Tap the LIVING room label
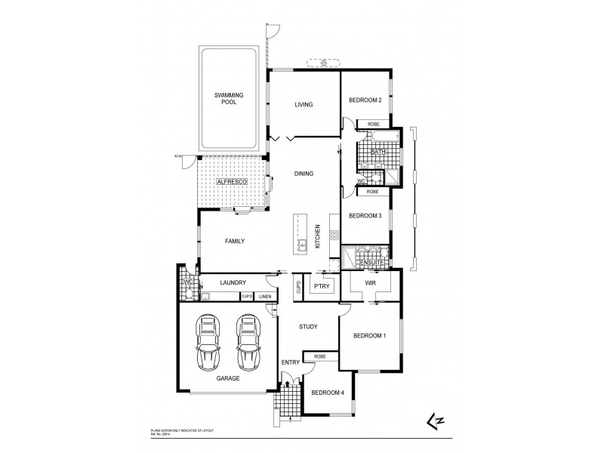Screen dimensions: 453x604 click(304, 105)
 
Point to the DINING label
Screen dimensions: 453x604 click(304, 174)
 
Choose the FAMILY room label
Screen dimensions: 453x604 click(236, 241)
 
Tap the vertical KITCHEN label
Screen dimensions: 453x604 click(319, 237)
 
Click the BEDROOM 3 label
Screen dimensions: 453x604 click(365, 215)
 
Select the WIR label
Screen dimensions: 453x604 click(370, 282)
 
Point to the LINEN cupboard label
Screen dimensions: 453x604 click(264, 296)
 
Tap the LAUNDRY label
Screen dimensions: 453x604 click(233, 282)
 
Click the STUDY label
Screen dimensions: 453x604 click(307, 326)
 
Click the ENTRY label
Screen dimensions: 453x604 click(291, 363)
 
